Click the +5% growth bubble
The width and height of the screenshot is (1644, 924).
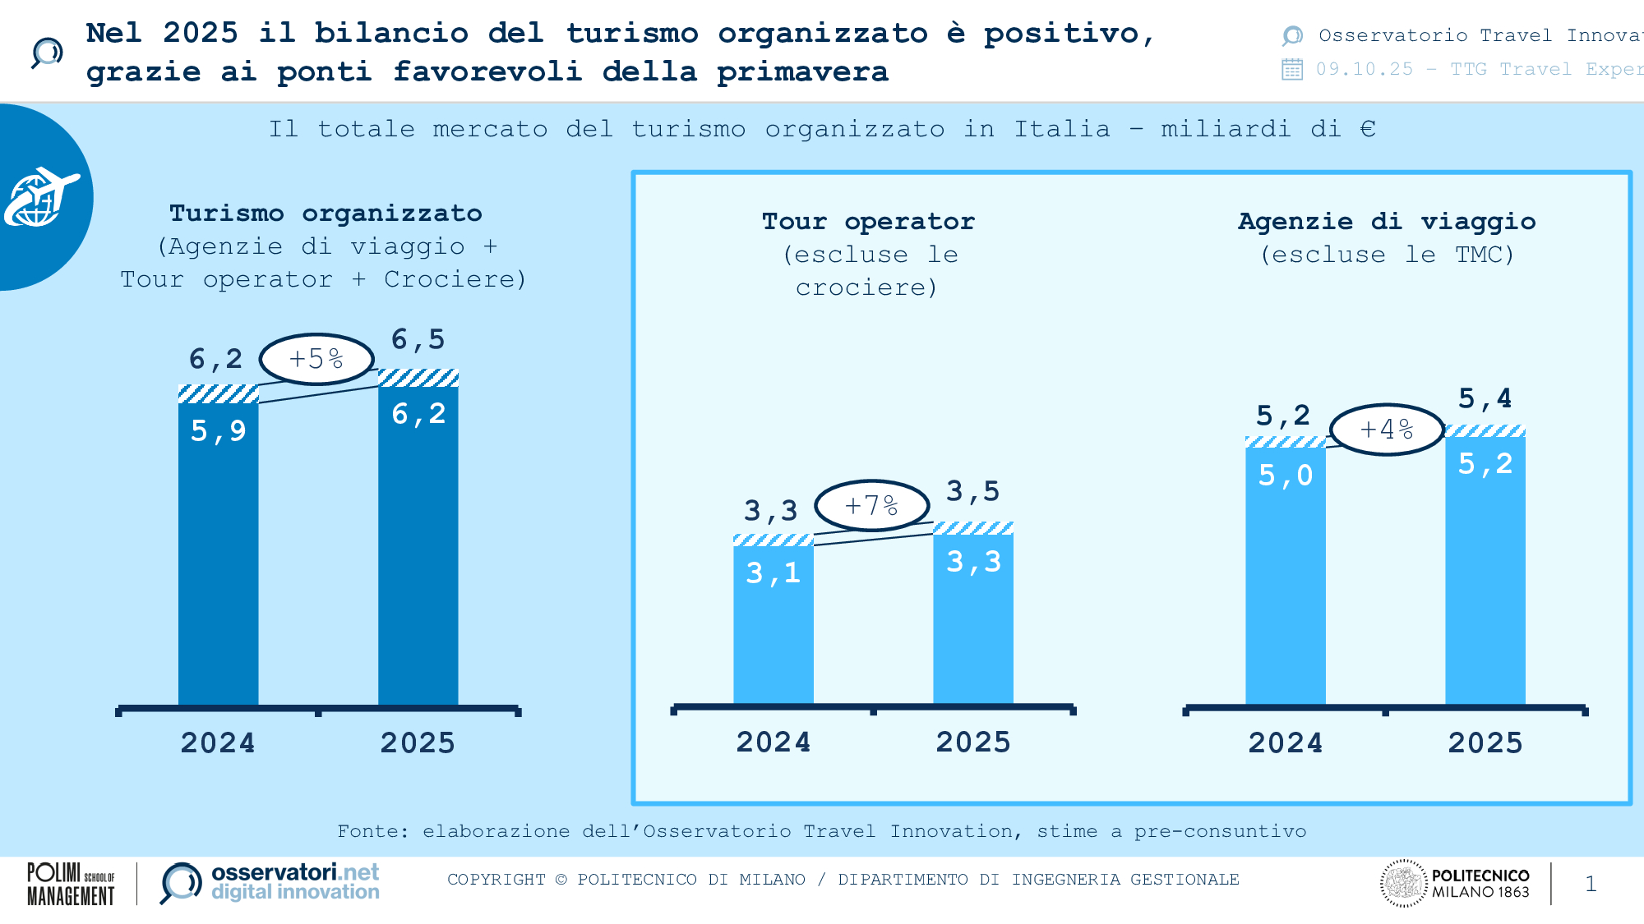316,359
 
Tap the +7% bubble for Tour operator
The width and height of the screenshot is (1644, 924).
872,505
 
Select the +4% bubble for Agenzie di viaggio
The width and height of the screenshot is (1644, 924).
1387,429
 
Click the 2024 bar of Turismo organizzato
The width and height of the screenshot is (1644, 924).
219,559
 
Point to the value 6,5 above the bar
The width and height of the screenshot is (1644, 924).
418,339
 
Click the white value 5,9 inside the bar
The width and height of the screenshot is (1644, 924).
219,431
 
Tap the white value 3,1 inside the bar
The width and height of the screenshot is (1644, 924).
773,572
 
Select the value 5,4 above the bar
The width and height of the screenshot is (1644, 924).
1485,399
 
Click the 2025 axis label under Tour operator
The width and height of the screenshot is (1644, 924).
973,742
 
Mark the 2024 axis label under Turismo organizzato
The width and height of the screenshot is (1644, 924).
218,743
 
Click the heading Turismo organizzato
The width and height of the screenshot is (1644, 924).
326,214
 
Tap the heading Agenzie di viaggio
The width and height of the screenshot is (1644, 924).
1387,222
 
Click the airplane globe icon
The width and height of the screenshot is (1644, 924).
41,197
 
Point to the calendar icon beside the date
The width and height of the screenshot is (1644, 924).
1292,69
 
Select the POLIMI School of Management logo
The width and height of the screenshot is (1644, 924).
71,884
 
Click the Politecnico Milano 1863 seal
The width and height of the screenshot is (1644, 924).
1403,884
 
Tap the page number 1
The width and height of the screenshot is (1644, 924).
1591,884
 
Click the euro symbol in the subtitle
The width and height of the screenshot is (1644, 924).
1368,129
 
